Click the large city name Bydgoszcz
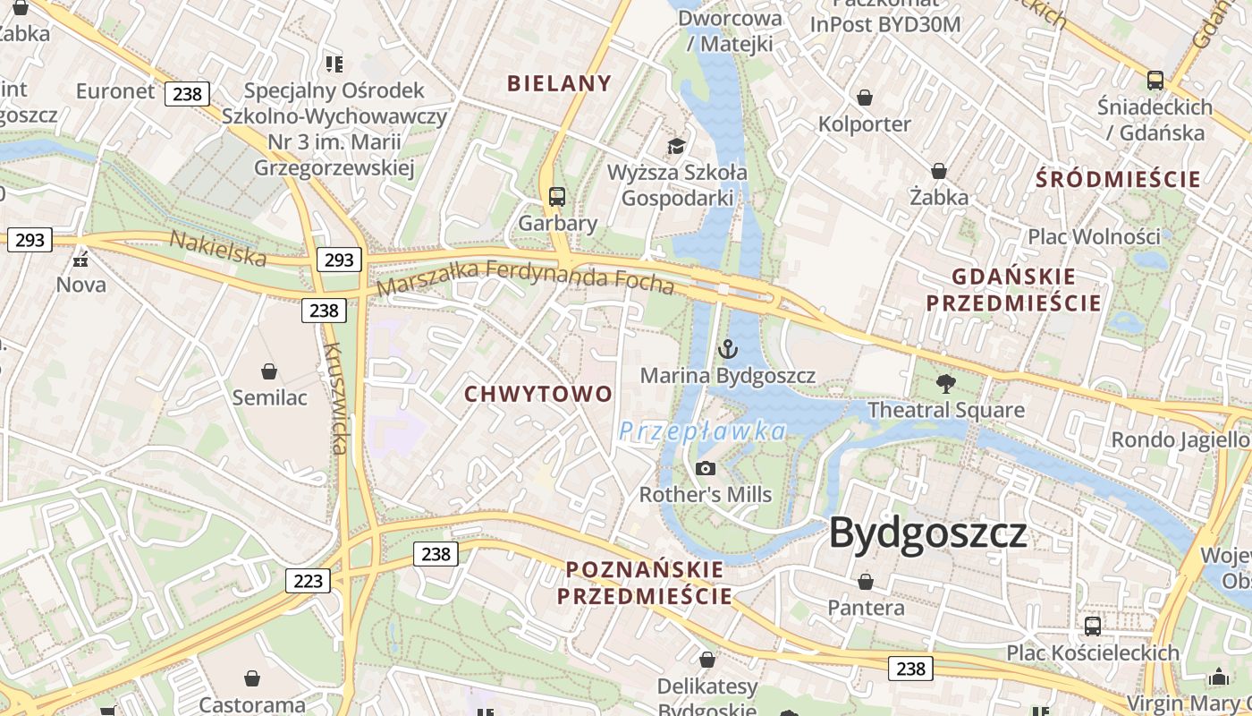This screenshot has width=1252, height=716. pyautogui.click(x=928, y=533)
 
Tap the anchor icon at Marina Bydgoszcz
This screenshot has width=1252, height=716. pyautogui.click(x=728, y=348)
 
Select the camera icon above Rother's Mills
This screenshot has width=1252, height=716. pyautogui.click(x=706, y=468)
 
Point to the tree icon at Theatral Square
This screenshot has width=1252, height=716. pyautogui.click(x=946, y=384)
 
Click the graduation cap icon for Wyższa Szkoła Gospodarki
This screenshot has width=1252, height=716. pyautogui.click(x=677, y=145)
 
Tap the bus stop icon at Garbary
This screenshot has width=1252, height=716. pyautogui.click(x=557, y=196)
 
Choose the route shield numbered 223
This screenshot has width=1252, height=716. pyautogui.click(x=308, y=581)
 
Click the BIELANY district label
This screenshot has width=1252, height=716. pyautogui.click(x=560, y=83)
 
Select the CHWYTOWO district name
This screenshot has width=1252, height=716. pyautogui.click(x=538, y=394)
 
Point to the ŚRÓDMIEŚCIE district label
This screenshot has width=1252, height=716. pyautogui.click(x=1118, y=179)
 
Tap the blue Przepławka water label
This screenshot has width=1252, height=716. pyautogui.click(x=703, y=431)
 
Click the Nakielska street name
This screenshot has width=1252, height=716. pyautogui.click(x=218, y=249)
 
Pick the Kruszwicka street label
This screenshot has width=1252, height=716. pyautogui.click(x=334, y=398)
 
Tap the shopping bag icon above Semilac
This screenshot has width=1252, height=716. pyautogui.click(x=269, y=371)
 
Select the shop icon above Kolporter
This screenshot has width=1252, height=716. pyautogui.click(x=864, y=98)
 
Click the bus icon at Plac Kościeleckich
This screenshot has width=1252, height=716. pyautogui.click(x=1093, y=626)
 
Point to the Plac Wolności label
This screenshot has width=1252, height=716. pyautogui.click(x=1094, y=236)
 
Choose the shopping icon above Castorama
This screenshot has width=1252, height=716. pyautogui.click(x=252, y=678)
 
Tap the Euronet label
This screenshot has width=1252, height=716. pyautogui.click(x=115, y=91)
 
